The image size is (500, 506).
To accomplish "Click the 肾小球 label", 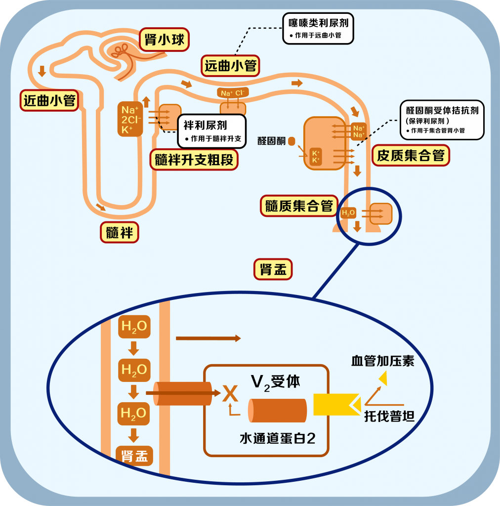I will (x=165, y=40).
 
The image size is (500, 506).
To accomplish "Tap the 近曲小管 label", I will (x=49, y=100).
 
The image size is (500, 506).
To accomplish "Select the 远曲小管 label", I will (x=231, y=66).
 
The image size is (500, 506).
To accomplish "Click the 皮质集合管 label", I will (x=411, y=156).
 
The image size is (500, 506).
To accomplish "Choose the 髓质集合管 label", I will (x=299, y=206).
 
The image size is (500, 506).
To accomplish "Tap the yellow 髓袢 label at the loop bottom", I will (x=120, y=232).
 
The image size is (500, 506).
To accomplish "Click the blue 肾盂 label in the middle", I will (x=273, y=270).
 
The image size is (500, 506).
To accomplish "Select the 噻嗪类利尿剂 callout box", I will (x=318, y=28).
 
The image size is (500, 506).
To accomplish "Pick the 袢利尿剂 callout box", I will (x=211, y=131).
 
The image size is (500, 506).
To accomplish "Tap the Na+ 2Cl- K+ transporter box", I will (x=130, y=119).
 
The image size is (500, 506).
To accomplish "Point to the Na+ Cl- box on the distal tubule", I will (x=232, y=93).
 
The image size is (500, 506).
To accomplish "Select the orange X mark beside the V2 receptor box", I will (x=230, y=394).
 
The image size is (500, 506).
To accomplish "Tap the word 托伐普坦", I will (x=389, y=416).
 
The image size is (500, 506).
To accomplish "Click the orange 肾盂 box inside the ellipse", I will (x=134, y=455).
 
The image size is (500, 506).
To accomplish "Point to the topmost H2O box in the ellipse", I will (x=134, y=327).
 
